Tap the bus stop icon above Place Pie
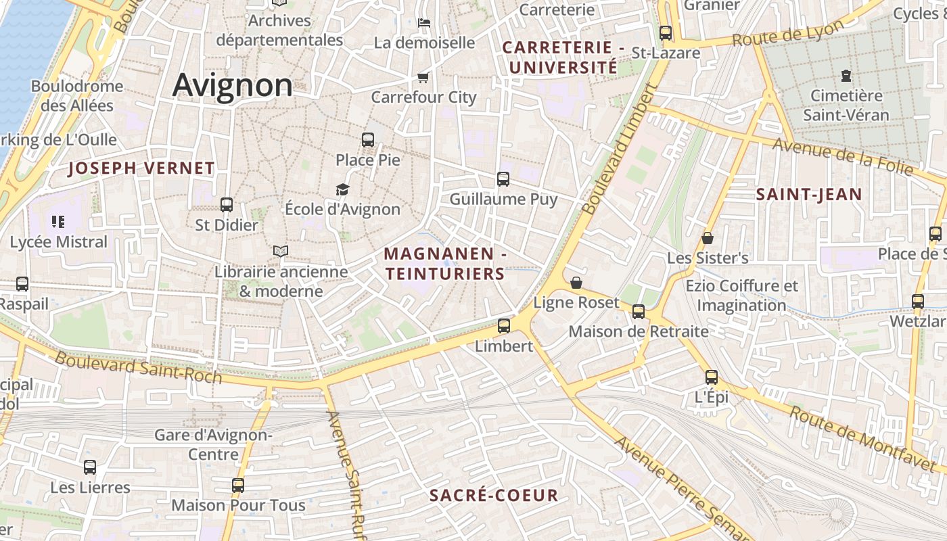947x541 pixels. (368, 140)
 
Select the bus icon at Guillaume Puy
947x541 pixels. (503, 179)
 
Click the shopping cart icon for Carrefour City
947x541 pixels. (423, 77)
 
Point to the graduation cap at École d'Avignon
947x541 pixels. (342, 189)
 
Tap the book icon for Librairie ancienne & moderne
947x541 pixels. (281, 252)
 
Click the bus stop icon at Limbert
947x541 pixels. (504, 326)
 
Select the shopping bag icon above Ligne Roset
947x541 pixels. (576, 283)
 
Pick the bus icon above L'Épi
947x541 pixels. (712, 377)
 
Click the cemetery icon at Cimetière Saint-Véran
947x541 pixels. (846, 76)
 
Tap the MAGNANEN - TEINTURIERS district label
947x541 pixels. (445, 264)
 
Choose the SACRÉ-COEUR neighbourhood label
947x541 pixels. (494, 496)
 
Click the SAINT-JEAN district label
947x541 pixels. (809, 195)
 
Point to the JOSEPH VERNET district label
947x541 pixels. (141, 168)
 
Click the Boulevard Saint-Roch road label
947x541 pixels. (138, 367)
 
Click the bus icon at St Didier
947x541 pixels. (227, 204)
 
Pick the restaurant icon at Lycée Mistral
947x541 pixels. (58, 221)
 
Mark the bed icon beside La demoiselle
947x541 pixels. (423, 22)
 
